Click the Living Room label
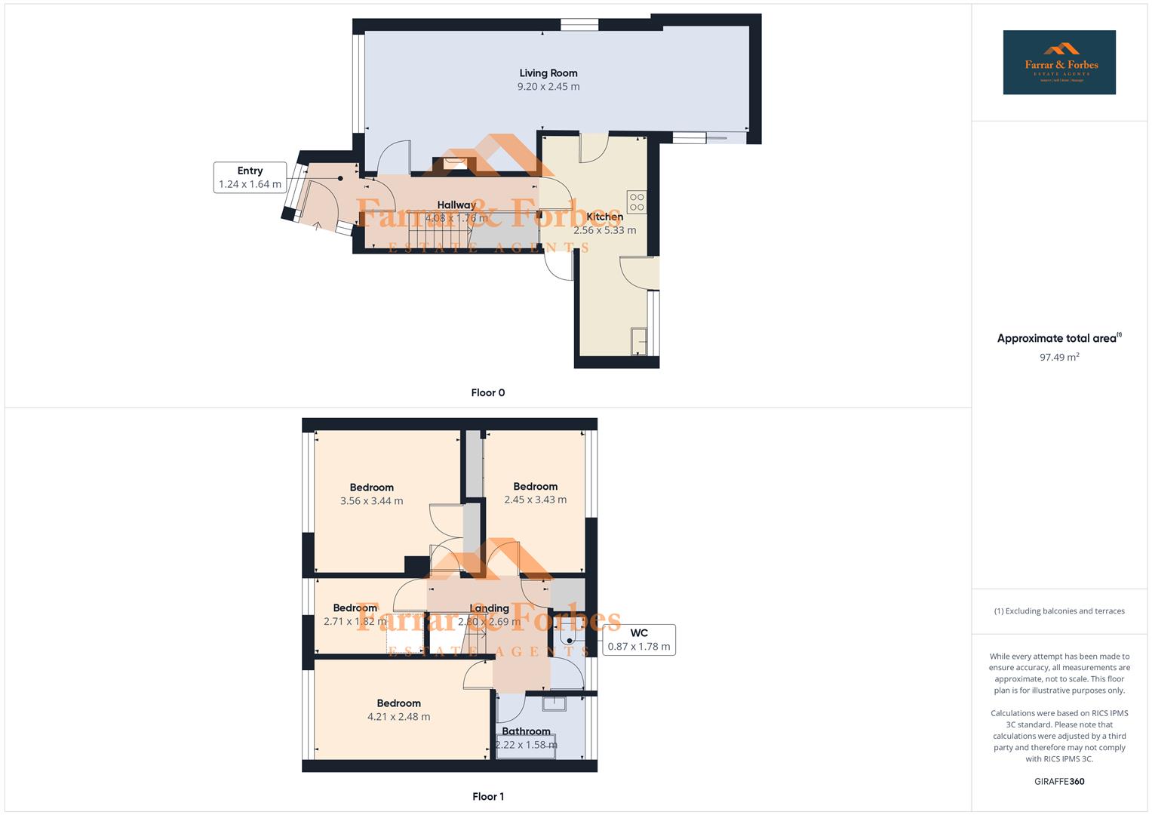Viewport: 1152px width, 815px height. click(x=548, y=73)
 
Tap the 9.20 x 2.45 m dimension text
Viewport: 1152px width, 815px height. click(x=548, y=87)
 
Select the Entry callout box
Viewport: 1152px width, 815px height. click(x=250, y=177)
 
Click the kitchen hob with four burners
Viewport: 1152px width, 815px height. click(x=636, y=202)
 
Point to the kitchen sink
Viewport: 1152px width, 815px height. click(x=638, y=341)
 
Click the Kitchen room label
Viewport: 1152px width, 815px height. click(x=604, y=217)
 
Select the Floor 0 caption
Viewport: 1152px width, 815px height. click(x=487, y=392)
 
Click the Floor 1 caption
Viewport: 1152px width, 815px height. click(x=487, y=796)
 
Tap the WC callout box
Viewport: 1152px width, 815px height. click(x=638, y=639)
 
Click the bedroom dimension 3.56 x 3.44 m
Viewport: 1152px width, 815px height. click(x=371, y=501)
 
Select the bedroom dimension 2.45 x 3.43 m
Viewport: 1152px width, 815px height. click(x=535, y=500)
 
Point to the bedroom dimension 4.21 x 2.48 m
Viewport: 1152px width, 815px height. click(x=398, y=717)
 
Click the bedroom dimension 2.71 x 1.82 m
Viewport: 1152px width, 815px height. click(x=355, y=622)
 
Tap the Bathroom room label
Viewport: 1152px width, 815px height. click(x=526, y=731)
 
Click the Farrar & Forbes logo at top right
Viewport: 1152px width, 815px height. click(x=1058, y=63)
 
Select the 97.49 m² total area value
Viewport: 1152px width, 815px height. click(x=1058, y=358)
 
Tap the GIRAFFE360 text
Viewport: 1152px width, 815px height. click(x=1058, y=781)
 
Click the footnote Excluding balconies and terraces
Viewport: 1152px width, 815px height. click(x=1058, y=611)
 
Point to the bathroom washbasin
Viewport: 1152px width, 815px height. click(x=554, y=704)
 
